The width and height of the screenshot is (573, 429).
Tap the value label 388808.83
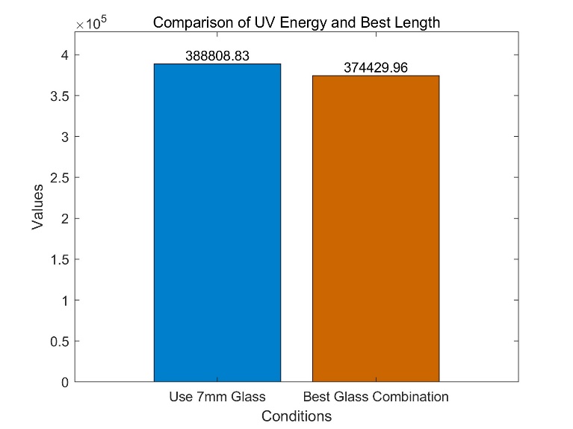pos(217,56)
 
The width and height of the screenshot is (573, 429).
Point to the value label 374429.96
pos(375,68)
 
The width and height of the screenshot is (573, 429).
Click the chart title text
pos(297,22)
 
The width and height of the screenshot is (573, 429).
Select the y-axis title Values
pos(37,207)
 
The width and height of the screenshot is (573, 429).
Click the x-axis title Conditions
pos(297,416)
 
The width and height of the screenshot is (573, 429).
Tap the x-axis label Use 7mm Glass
pos(217,396)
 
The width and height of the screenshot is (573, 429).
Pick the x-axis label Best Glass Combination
pos(375,396)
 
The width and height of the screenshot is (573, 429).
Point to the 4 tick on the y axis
pos(66,55)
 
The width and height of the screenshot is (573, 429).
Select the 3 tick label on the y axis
pos(66,137)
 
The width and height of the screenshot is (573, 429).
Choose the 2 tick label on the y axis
pos(66,219)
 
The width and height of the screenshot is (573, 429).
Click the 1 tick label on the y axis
pos(66,300)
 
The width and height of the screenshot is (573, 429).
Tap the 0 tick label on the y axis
pos(66,382)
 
